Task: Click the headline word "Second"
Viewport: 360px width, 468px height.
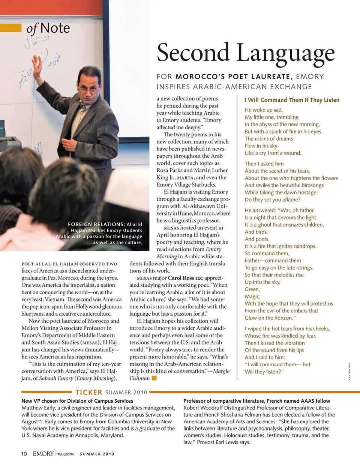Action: pos(193,53)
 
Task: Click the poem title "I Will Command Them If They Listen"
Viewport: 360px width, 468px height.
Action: pos(292,100)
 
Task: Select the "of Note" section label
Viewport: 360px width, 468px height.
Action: pos(48,28)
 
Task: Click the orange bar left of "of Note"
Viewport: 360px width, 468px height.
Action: pos(10,28)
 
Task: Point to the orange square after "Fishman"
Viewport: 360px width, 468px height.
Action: pos(154,378)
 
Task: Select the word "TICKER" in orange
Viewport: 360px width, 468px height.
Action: pos(88,392)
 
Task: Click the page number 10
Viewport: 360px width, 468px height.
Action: pos(24,454)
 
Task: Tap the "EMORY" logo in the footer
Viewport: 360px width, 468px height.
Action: pos(43,454)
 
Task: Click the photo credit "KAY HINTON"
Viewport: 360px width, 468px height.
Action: pos(349,372)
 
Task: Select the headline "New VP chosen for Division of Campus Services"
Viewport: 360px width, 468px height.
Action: pos(77,401)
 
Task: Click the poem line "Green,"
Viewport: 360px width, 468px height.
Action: pos(252,289)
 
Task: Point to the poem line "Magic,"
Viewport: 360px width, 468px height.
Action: pos(252,296)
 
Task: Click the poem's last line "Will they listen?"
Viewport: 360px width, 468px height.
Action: pos(264,372)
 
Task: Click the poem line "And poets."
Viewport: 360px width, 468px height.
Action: pos(257,239)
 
